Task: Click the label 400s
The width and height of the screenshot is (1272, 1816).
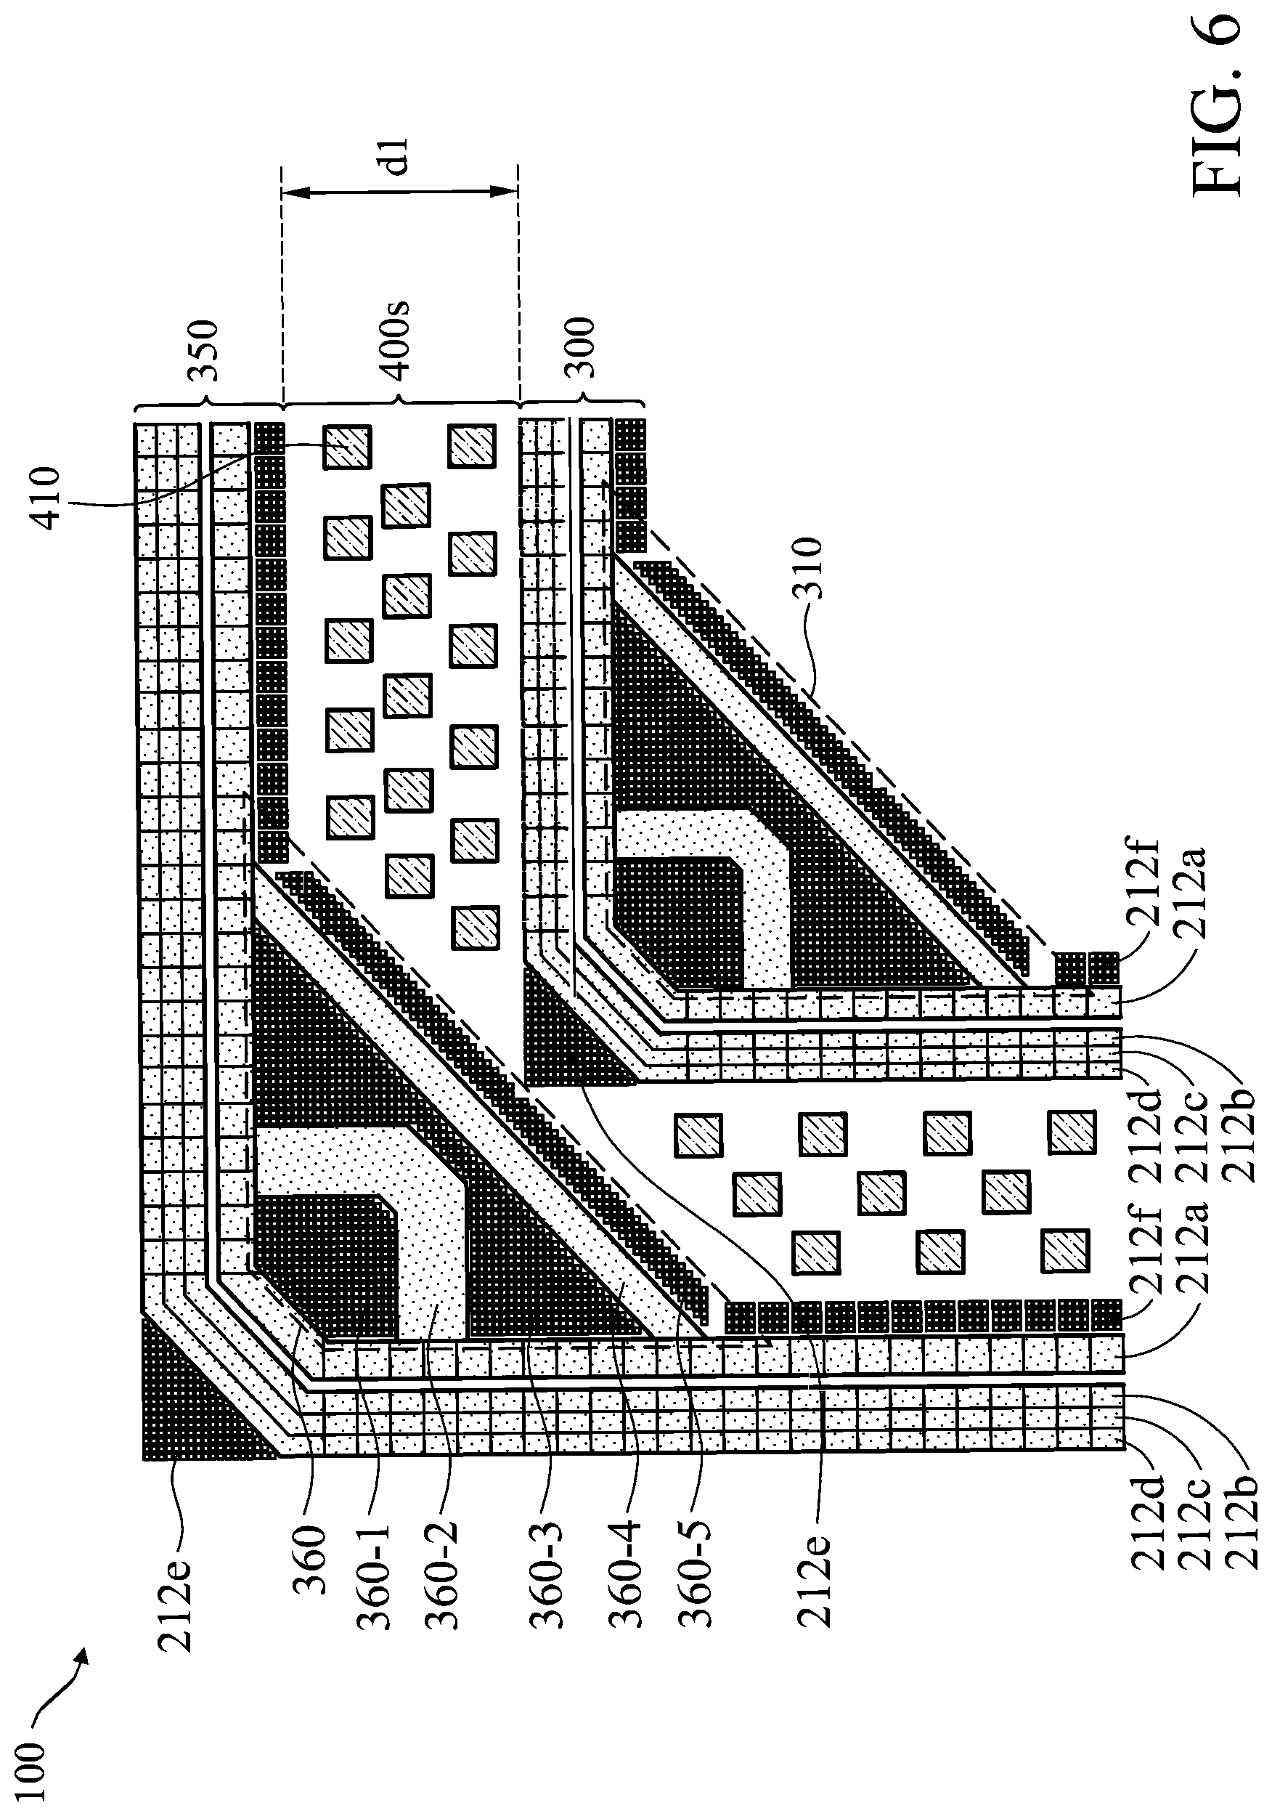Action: pos(394,339)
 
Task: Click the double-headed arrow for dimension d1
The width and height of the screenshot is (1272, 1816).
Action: pos(399,192)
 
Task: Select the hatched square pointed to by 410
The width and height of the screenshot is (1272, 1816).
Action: pos(348,446)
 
